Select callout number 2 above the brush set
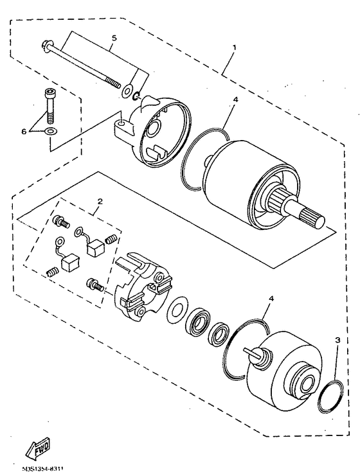pyautogui.click(x=99, y=202)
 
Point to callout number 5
pyautogui.click(x=114, y=38)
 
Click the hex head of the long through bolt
pyautogui.click(x=46, y=45)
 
